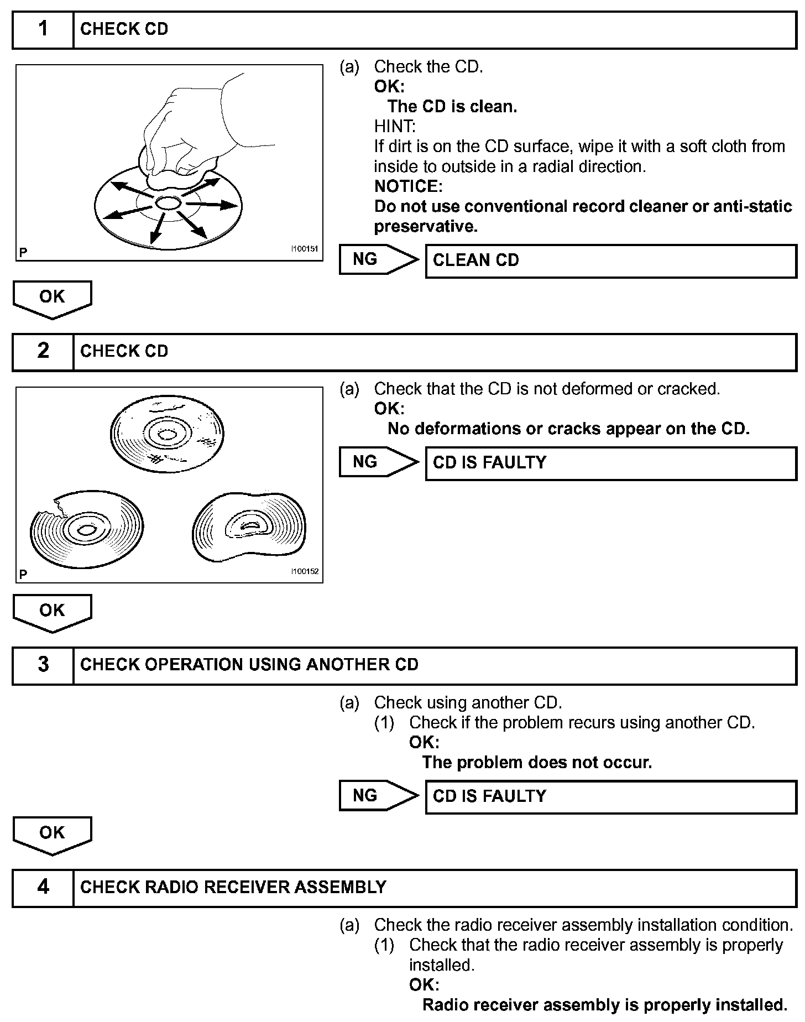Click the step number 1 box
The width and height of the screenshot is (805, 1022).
click(x=43, y=29)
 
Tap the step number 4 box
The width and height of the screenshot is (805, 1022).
click(x=43, y=887)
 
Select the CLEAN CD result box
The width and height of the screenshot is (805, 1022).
click(x=610, y=260)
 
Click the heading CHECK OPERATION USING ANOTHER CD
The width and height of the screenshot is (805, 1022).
click(x=249, y=665)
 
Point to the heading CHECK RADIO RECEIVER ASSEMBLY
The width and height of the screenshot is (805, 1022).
click(x=233, y=887)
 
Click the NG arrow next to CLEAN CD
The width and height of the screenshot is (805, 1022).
click(x=378, y=259)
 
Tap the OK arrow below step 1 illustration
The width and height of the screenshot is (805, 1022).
click(x=52, y=299)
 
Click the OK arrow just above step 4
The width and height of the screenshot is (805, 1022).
click(x=52, y=835)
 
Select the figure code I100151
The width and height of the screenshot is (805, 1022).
click(x=305, y=249)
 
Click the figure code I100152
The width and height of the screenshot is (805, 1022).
click(x=305, y=571)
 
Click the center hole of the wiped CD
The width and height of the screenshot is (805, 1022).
click(x=167, y=203)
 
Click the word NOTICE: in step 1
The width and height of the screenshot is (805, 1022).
click(x=408, y=186)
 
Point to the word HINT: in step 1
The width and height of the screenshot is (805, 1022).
click(x=395, y=127)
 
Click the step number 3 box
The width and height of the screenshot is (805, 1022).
click(x=43, y=665)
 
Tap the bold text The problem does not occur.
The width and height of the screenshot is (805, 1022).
click(x=537, y=763)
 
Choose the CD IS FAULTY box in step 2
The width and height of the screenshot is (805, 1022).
click(x=610, y=463)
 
